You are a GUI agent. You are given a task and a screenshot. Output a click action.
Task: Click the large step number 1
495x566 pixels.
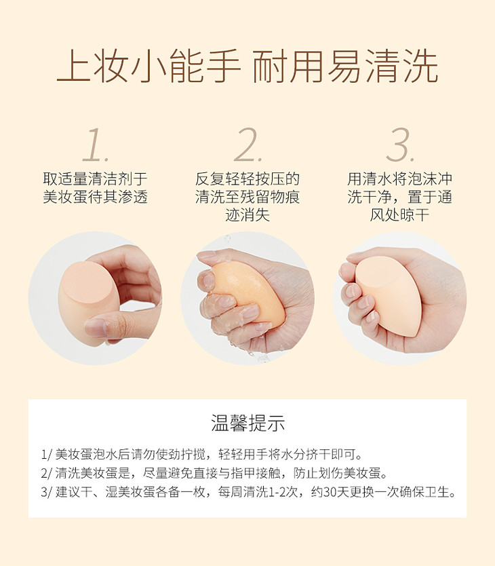(94, 145)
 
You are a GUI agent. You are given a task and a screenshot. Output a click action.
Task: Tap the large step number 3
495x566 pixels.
(399, 145)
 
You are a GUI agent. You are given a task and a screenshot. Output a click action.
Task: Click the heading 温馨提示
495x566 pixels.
(248, 423)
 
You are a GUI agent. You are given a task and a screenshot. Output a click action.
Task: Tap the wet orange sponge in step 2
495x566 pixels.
(248, 290)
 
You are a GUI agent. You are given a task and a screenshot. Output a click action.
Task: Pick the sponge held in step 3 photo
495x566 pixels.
(388, 294)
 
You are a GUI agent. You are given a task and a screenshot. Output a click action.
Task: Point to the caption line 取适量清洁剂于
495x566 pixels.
(95, 178)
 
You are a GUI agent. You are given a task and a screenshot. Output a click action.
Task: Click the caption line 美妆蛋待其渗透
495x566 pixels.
(95, 197)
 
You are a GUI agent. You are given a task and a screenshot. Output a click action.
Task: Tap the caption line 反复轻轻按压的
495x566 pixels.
(248, 178)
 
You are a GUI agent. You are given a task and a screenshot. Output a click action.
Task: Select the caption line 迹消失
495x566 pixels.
(248, 216)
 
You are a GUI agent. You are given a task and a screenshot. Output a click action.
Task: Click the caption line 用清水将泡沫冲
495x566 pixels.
(400, 178)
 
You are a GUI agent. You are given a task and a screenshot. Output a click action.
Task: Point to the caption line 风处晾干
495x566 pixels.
(399, 216)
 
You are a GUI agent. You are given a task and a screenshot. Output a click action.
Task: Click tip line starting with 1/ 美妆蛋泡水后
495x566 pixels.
(202, 454)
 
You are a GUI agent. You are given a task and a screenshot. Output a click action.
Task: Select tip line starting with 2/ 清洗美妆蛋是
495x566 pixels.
(214, 473)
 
